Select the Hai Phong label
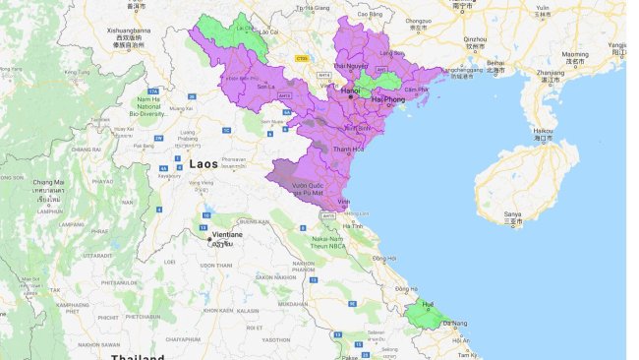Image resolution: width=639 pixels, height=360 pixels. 389,98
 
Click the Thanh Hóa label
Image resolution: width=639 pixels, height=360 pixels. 340,150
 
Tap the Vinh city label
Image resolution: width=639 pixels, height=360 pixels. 344,201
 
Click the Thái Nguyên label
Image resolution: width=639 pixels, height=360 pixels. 350,65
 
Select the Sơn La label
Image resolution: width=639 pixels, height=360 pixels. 265,87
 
